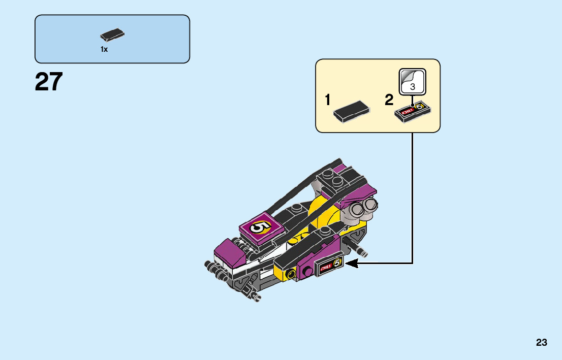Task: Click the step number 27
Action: tap(49, 82)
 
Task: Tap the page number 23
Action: tap(541, 343)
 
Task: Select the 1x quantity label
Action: tap(104, 49)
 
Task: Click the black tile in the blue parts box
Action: tap(112, 35)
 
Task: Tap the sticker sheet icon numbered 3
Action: tap(412, 82)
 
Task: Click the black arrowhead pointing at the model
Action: tap(352, 263)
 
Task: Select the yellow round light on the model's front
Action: tap(291, 275)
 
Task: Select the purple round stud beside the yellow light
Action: tap(307, 272)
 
